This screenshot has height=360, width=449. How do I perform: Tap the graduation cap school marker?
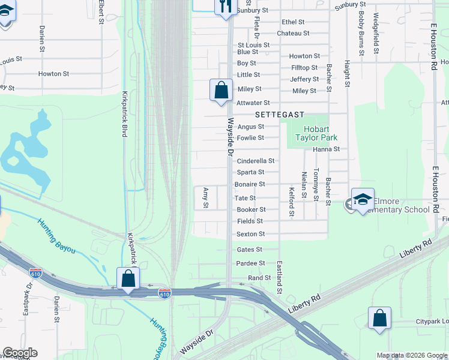coord(363,200)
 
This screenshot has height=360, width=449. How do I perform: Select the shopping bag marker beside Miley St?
coord(221,91)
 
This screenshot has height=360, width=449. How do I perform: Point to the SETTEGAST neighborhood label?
coord(280,114)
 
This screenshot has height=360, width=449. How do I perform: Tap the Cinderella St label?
coord(256,161)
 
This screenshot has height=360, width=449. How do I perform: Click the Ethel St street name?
coord(294,22)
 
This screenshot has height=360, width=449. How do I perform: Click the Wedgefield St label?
coord(376,34)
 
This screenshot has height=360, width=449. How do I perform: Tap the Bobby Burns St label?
coord(361,34)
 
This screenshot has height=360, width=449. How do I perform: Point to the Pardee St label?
coord(251,263)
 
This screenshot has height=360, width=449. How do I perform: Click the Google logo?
coord(20,353)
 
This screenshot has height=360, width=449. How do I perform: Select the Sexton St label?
coord(251,234)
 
